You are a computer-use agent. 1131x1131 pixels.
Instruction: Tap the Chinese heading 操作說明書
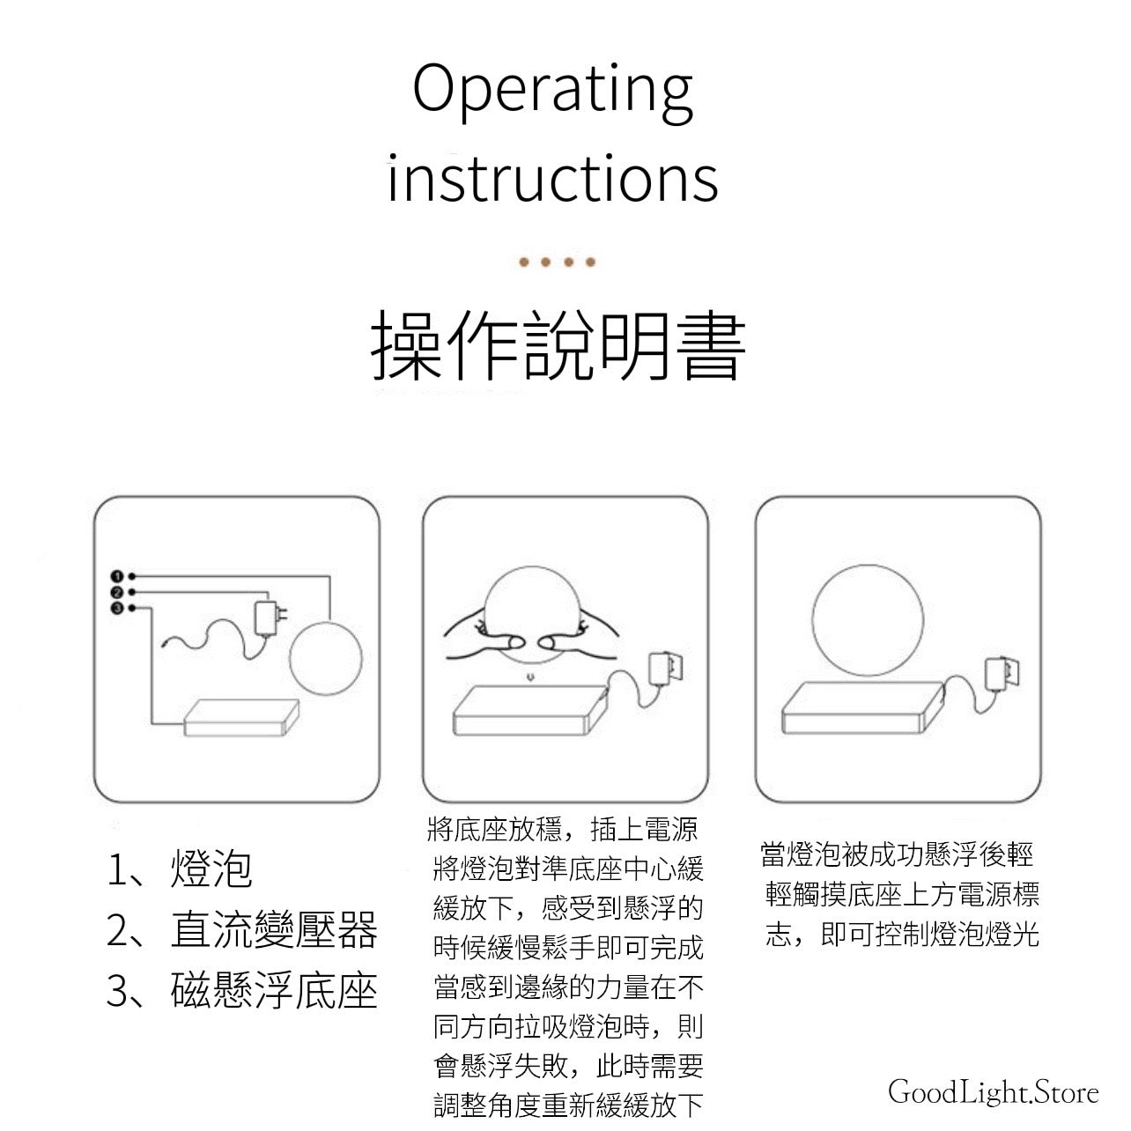(x=558, y=345)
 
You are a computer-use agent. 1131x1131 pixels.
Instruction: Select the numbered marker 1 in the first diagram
(x=117, y=576)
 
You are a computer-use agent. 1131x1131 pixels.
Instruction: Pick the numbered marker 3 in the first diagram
(x=117, y=608)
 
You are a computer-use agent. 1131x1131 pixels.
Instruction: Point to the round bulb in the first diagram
(x=326, y=659)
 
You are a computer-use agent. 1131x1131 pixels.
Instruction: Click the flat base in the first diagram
(x=242, y=717)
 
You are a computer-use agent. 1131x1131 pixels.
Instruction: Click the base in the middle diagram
(x=531, y=710)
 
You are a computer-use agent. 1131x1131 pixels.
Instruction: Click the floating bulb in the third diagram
(x=868, y=620)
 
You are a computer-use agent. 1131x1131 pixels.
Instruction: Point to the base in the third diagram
(x=862, y=708)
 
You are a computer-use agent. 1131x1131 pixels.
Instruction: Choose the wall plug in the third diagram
(x=1002, y=673)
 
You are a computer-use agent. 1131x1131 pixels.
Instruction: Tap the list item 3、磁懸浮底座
(x=242, y=990)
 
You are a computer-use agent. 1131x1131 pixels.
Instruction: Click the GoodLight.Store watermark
(x=993, y=1092)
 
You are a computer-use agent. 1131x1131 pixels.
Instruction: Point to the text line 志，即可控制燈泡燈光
(x=902, y=934)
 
